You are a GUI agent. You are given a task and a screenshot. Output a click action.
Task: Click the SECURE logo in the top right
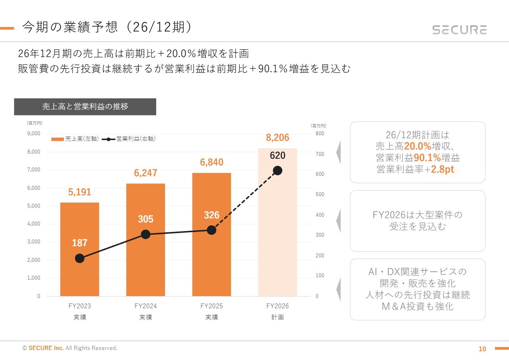459,30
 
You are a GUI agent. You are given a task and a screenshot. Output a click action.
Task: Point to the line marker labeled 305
146,234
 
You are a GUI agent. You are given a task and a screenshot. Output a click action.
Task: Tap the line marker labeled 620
278,171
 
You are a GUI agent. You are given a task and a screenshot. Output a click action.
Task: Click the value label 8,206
278,138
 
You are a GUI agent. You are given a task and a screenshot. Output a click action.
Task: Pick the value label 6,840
212,162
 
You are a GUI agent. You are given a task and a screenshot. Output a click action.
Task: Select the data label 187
80,243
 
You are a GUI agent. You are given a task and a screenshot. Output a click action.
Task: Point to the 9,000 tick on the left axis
33,134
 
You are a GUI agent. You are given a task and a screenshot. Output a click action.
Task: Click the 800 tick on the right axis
320,134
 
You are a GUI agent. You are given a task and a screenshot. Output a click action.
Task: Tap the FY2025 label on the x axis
212,306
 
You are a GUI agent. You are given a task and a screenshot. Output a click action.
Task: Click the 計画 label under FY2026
278,317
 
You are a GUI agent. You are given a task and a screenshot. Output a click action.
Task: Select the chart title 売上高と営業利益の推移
85,107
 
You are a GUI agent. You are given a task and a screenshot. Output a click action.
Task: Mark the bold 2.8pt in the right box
443,169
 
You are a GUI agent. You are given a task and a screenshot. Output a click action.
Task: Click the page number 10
482,349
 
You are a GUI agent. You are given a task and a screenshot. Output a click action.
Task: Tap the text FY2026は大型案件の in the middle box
418,215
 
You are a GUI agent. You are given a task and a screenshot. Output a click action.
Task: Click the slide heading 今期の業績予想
70,27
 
